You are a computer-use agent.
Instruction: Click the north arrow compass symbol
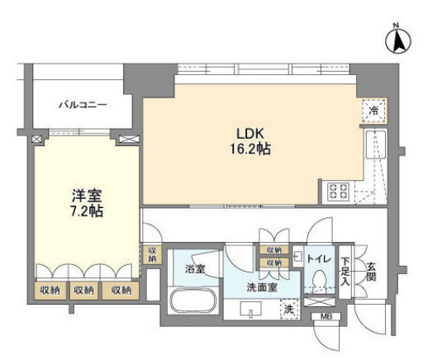[x=397, y=41]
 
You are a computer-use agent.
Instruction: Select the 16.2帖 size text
[x=250, y=149]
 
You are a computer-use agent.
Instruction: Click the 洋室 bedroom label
[x=87, y=196]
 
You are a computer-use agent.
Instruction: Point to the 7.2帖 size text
[x=87, y=211]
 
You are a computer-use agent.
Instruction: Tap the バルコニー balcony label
[x=83, y=106]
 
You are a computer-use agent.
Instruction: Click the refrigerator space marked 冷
[x=374, y=111]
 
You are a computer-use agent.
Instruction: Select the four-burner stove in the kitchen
[x=338, y=192]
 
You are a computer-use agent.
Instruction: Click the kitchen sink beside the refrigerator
[x=376, y=145]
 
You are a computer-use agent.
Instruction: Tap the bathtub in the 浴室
[x=193, y=301]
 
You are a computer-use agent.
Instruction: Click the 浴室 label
[x=195, y=269]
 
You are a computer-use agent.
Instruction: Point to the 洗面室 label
[x=262, y=287]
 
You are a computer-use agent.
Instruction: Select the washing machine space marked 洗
[x=289, y=309]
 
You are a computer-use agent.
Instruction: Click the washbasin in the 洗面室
[x=251, y=309]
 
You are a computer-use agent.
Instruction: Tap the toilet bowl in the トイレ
[x=320, y=279]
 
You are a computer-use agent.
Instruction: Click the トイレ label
[x=319, y=258]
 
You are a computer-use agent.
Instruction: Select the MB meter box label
[x=326, y=316]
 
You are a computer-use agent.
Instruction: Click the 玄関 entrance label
[x=371, y=272]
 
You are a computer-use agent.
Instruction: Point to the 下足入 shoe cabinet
[x=345, y=272]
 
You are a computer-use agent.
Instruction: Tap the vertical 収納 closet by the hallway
[x=152, y=255]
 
